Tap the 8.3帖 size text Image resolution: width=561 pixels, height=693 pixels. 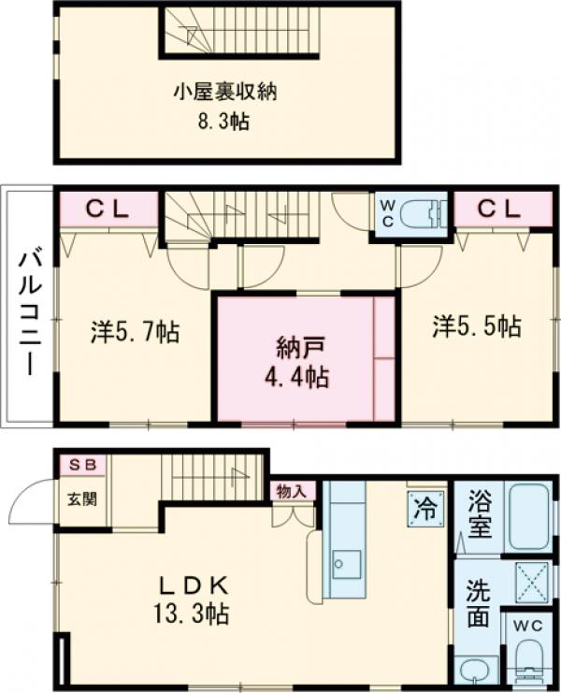pos(225,122)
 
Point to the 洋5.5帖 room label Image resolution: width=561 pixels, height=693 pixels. pos(476,326)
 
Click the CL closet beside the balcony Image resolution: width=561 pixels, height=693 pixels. pos(108,209)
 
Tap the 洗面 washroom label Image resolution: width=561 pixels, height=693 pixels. pos(478,603)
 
